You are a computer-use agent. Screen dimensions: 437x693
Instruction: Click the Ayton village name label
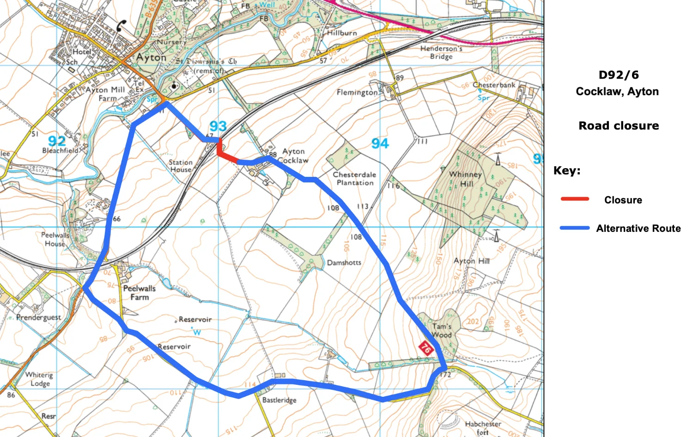(x=151, y=58)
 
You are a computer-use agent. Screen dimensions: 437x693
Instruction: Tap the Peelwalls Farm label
(x=139, y=293)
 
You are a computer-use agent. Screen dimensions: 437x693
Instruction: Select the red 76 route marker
(x=425, y=348)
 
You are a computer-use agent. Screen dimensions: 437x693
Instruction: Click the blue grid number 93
(x=218, y=126)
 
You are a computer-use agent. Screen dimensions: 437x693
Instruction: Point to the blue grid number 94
(x=380, y=144)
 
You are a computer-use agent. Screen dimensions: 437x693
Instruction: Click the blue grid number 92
(x=57, y=140)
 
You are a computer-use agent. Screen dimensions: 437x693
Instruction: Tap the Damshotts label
(x=344, y=262)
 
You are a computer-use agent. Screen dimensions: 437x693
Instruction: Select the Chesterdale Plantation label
(x=354, y=179)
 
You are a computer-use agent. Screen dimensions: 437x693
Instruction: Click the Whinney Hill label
(x=466, y=179)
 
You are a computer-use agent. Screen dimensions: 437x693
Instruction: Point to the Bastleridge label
(x=279, y=400)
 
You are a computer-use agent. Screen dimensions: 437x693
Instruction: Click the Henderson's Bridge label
(x=441, y=52)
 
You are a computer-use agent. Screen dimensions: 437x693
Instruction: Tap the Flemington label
(x=357, y=92)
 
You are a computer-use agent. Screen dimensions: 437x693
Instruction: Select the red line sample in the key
(x=575, y=199)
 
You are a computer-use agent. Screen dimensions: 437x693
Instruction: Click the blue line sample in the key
(x=575, y=228)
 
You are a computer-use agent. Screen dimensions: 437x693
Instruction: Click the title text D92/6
(x=618, y=75)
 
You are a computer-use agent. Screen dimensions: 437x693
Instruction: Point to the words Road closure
(x=619, y=126)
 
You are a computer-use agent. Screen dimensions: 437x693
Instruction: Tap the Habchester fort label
(x=483, y=428)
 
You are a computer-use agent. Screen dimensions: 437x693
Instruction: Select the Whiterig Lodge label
(x=39, y=379)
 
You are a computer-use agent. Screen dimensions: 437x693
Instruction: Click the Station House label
(x=180, y=166)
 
